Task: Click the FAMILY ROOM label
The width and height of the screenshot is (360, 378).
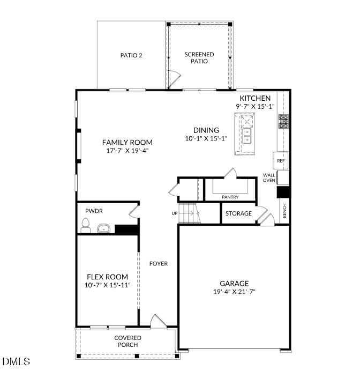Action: click(x=127, y=142)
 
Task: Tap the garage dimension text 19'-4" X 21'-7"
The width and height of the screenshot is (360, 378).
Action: click(x=234, y=292)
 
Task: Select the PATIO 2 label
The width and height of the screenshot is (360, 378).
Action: click(x=131, y=55)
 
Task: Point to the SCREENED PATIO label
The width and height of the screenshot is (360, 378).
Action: click(x=199, y=58)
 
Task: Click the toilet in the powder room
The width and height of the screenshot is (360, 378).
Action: click(x=85, y=226)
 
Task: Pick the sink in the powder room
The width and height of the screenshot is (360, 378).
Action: click(x=103, y=229)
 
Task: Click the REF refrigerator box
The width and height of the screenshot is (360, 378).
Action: click(x=281, y=160)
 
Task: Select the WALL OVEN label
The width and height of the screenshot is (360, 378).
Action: click(x=269, y=177)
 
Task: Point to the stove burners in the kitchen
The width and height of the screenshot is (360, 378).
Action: click(x=283, y=122)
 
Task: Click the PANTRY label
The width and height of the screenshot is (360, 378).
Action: click(x=230, y=197)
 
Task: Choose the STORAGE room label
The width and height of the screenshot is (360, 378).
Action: click(x=238, y=213)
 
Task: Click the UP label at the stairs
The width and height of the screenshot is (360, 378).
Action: click(x=174, y=213)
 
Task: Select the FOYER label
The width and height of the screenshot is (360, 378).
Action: click(x=159, y=263)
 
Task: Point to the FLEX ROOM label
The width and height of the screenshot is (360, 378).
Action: click(x=108, y=277)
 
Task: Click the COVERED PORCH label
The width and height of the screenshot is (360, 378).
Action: click(x=128, y=341)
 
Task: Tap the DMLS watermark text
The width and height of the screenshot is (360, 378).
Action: click(x=16, y=362)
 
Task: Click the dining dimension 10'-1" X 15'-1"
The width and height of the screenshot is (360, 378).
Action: click(x=206, y=138)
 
